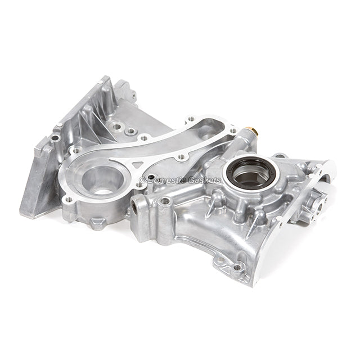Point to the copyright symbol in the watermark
click(142, 180)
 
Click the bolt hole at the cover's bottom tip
click(238, 267)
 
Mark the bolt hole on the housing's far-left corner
click(55, 138)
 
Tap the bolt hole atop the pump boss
click(165, 201)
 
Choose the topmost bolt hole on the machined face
click(192, 120)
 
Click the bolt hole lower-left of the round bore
click(69, 199)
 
